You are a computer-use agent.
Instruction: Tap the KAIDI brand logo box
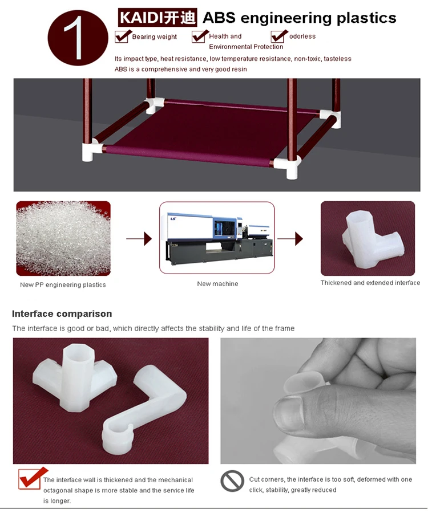[x=158, y=17]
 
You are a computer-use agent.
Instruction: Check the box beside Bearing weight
[x=122, y=36]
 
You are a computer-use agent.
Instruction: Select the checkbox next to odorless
[x=278, y=36]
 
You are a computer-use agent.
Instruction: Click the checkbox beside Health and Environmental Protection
[x=199, y=36]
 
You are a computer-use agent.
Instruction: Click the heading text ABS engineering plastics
[x=299, y=18]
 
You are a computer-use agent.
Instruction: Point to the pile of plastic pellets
[x=63, y=238]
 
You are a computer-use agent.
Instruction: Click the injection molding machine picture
[x=217, y=238]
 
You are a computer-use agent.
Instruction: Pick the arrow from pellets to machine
[x=139, y=239]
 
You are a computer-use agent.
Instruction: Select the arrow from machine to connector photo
[x=290, y=239]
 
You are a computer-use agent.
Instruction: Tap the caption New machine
[x=217, y=284]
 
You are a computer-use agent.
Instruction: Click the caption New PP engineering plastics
[x=63, y=284]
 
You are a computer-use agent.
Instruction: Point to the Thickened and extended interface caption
[x=370, y=283]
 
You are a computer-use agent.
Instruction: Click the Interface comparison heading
[x=62, y=313]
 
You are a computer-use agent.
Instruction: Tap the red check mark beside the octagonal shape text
[x=33, y=478]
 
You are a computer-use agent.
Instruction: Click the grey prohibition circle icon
[x=232, y=481]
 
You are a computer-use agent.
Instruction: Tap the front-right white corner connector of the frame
[x=288, y=166]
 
